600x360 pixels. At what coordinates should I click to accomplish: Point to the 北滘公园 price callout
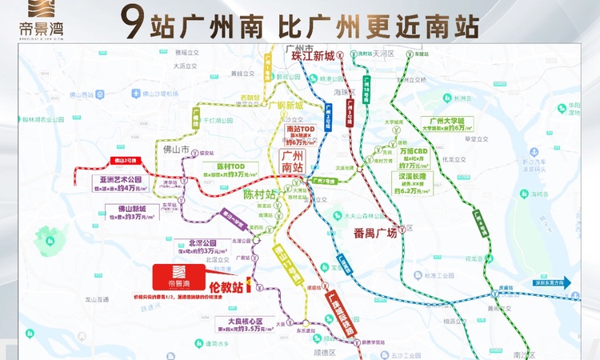coord(202,246)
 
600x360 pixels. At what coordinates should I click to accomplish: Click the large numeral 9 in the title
coord(142,23)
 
